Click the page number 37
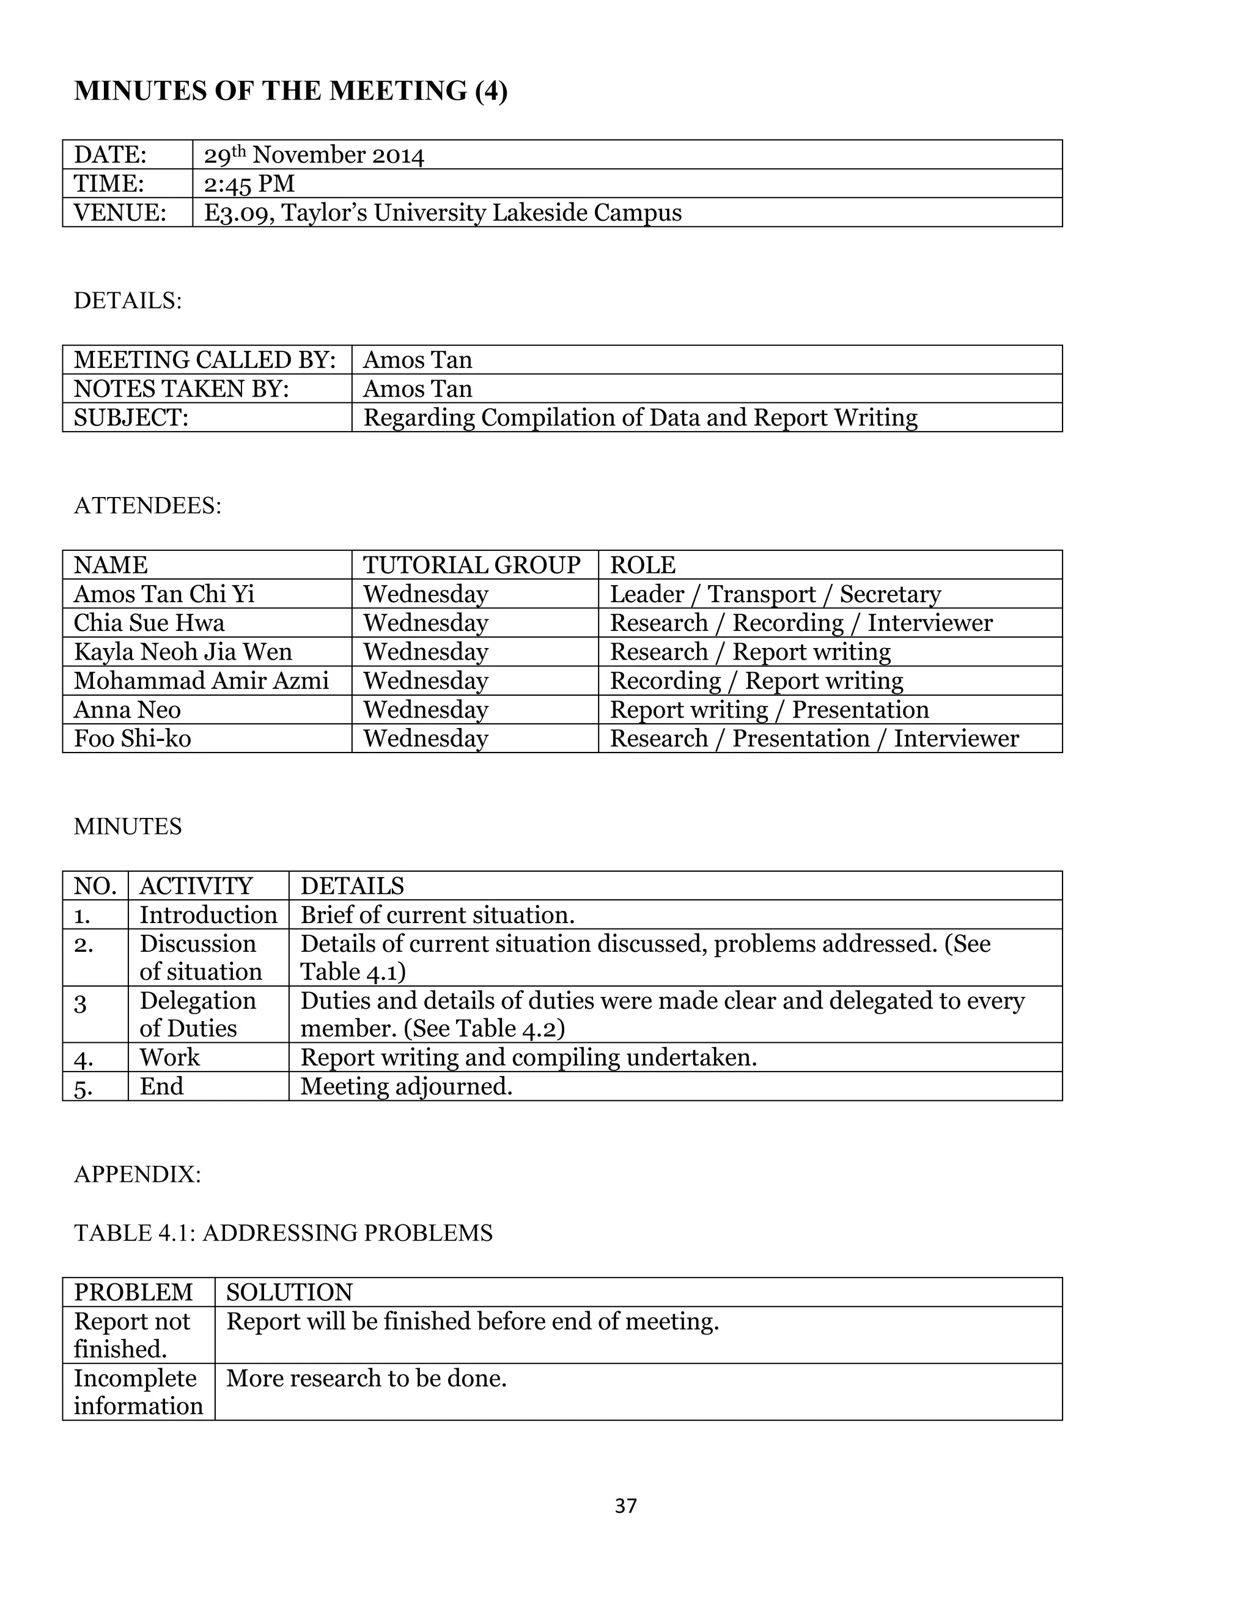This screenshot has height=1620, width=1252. pos(625,1505)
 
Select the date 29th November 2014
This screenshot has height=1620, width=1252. pos(314,155)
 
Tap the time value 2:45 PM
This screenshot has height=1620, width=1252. pos(249,183)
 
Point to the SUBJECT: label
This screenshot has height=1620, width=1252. pos(131,418)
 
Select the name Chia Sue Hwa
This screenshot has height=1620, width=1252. pos(149,623)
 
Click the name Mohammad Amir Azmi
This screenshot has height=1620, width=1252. pos(201,681)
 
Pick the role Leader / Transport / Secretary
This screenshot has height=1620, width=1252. pos(775,594)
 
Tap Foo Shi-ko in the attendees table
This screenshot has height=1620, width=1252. pos(132,739)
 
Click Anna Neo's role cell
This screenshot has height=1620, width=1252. pos(769,710)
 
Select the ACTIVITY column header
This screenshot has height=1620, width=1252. pos(196,886)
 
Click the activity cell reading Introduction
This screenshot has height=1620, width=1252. pos(208,915)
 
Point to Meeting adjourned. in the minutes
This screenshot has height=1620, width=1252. pos(406,1087)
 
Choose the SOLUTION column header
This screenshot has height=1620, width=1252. pos(289,1293)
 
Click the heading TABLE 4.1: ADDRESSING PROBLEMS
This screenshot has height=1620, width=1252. pos(283,1233)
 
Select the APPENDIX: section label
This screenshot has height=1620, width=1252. pos(137,1174)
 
